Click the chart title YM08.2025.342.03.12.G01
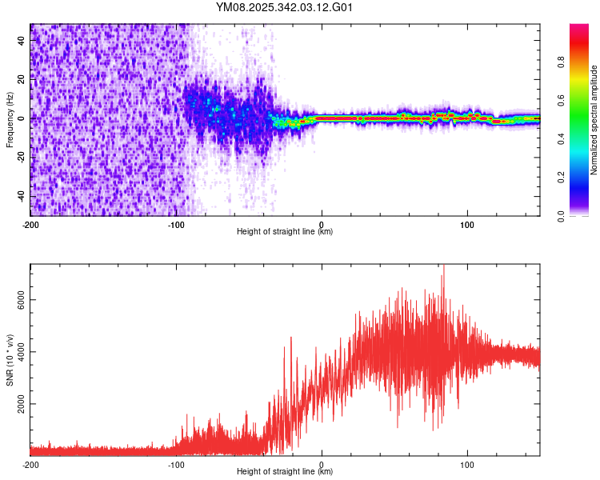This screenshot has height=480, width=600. pos(285,8)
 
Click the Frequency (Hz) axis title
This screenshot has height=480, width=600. pos(10,120)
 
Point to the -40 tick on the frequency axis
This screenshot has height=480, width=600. pos(19,196)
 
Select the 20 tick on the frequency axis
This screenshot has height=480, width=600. pos(22,78)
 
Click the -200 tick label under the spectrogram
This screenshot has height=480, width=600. pos(30,223)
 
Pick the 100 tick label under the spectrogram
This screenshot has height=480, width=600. pos(467,223)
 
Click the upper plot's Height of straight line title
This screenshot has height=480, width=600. pos(285,232)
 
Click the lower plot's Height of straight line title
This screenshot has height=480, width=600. pos(285,472)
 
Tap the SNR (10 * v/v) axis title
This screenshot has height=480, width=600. pos(10,359)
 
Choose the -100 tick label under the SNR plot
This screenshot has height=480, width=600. pos(176,463)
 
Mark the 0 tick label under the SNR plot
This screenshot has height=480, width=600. pos(322,463)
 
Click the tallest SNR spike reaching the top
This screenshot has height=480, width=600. pos(442,267)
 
